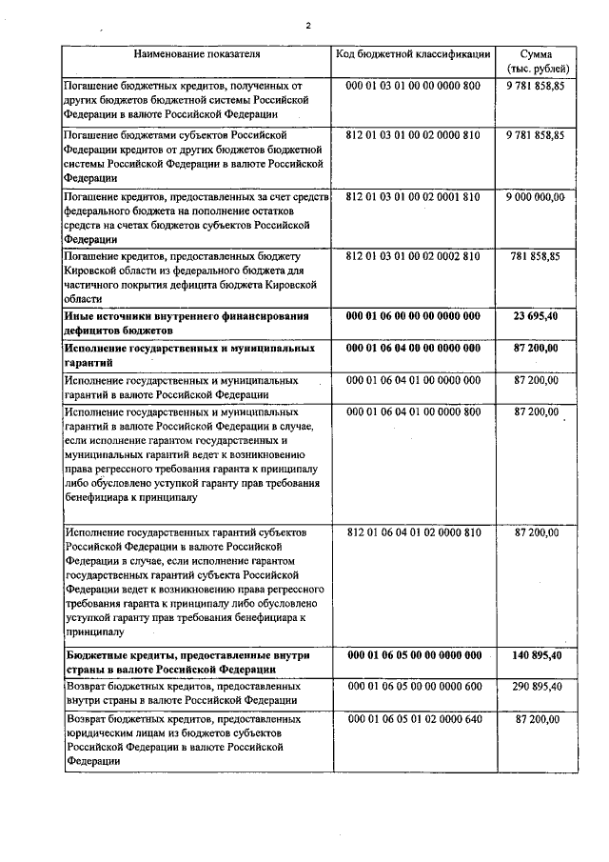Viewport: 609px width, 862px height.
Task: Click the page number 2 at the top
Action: (x=308, y=26)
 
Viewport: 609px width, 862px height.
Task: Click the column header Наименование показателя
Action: (x=196, y=53)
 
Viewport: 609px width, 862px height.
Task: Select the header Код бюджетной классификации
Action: (x=414, y=53)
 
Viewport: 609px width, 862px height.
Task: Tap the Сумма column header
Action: (x=539, y=60)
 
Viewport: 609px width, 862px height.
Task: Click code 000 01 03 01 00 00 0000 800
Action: (x=414, y=86)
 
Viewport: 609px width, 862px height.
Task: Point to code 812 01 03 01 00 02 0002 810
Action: (x=414, y=256)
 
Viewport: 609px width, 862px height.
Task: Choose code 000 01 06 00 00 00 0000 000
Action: (x=414, y=316)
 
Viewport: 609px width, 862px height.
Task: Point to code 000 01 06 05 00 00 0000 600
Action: (x=414, y=686)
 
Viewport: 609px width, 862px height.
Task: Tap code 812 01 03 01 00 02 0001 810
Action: (x=414, y=196)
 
